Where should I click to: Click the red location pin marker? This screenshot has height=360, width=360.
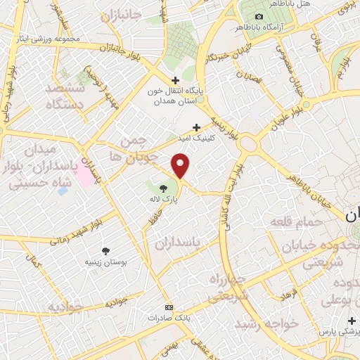[x=181, y=166]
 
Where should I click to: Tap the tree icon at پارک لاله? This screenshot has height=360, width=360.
[x=164, y=188]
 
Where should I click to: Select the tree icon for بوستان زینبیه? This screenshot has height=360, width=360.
[x=105, y=250]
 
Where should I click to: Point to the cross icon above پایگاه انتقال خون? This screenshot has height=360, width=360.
[x=176, y=80]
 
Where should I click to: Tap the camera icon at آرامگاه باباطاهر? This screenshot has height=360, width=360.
[x=259, y=16]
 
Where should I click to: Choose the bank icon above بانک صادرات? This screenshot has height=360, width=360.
[x=168, y=307]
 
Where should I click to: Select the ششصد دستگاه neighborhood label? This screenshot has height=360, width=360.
[x=65, y=96]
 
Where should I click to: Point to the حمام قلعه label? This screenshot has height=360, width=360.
[x=296, y=222]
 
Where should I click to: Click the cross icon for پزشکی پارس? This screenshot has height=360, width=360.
[x=352, y=320]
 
